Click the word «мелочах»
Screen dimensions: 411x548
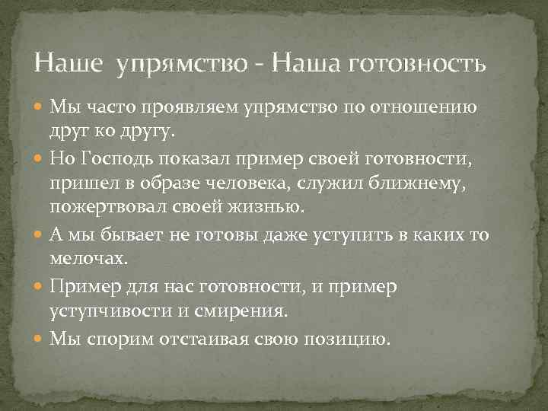click(85, 259)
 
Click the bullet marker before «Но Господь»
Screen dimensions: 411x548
click(39, 158)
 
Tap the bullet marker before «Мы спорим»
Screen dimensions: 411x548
click(39, 338)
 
